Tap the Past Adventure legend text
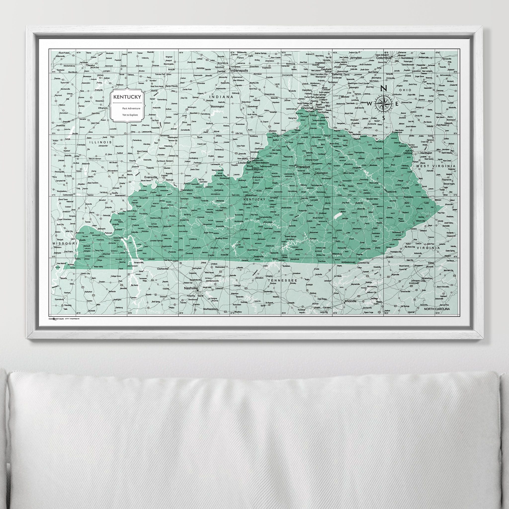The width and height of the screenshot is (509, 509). pyautogui.click(x=131, y=109)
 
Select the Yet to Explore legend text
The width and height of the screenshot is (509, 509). pyautogui.click(x=130, y=115)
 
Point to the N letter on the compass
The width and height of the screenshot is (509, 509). pyautogui.click(x=384, y=88)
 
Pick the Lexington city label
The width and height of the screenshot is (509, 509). pyautogui.click(x=321, y=173)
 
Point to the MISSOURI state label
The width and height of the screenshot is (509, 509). pyautogui.click(x=65, y=243)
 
